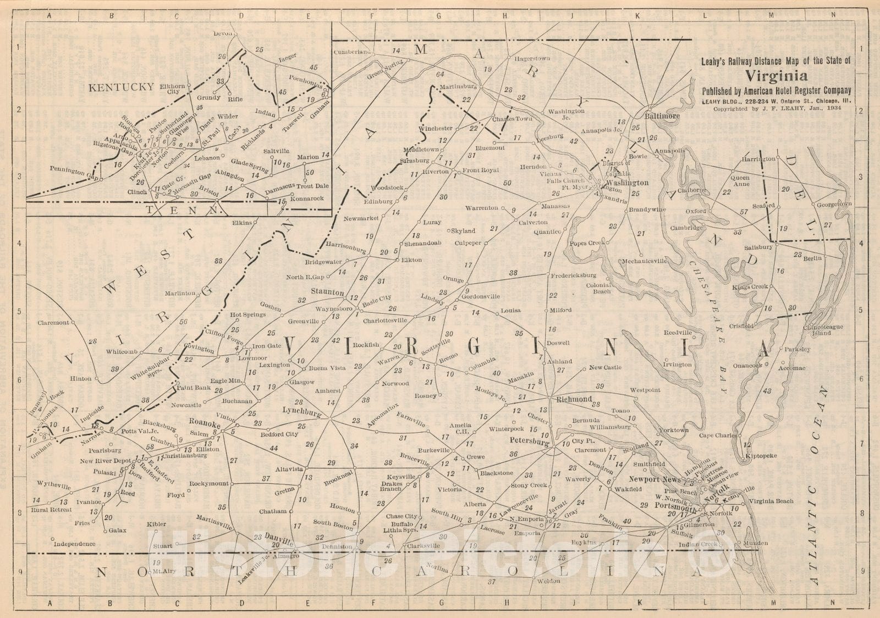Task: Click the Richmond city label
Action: click(574, 399)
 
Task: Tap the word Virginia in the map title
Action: click(777, 76)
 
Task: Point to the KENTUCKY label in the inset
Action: click(121, 87)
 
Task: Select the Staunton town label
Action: click(327, 292)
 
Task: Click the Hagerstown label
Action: click(532, 58)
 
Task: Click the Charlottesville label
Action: click(385, 319)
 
